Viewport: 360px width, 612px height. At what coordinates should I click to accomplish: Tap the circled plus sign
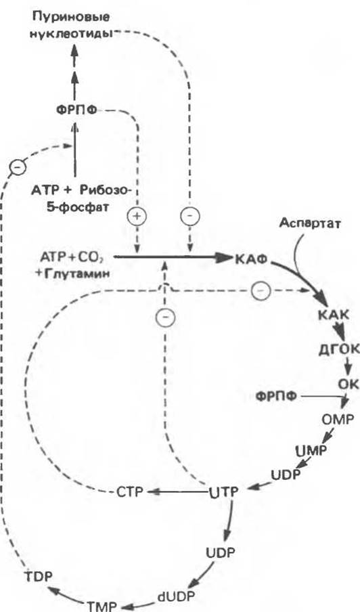click(x=137, y=216)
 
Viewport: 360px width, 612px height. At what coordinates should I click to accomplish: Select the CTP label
click(x=131, y=491)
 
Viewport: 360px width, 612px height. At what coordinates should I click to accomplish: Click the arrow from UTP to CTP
click(x=177, y=491)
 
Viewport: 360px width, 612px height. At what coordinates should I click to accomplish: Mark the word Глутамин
click(x=75, y=274)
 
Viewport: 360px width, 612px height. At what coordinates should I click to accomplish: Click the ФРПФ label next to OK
click(x=276, y=396)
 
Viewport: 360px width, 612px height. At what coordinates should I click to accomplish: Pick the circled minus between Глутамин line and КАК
click(x=260, y=290)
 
